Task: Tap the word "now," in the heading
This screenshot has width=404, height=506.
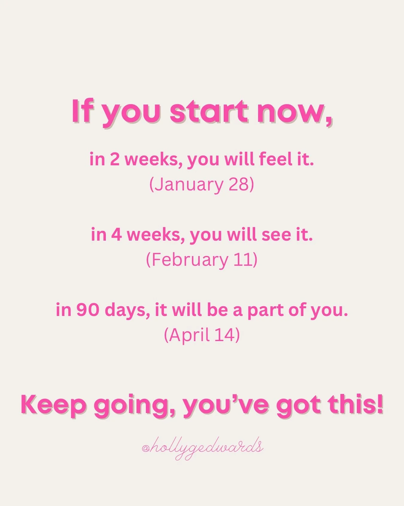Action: click(295, 112)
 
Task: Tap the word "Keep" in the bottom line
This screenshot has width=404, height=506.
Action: click(54, 405)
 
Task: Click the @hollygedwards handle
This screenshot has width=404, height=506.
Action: click(203, 448)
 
